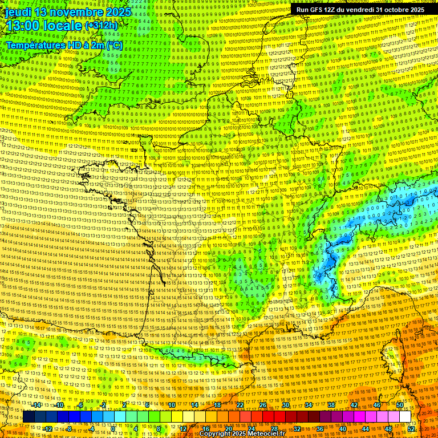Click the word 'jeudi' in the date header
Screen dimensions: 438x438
[x=17, y=12]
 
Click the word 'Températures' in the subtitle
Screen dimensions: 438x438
[x=34, y=44]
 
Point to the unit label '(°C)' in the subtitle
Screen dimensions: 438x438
[x=113, y=44]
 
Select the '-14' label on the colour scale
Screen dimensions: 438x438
[x=36, y=405]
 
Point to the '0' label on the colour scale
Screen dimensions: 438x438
[x=113, y=428]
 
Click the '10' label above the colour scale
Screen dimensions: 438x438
[x=171, y=405]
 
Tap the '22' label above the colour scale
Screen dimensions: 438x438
[x=240, y=405]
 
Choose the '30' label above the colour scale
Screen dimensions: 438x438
[x=285, y=405]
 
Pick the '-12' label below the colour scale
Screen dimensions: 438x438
[x=48, y=428]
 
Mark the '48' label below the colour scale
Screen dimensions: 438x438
[x=388, y=428]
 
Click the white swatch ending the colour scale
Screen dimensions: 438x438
[x=405, y=417]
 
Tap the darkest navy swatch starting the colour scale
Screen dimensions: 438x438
[x=29, y=417]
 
